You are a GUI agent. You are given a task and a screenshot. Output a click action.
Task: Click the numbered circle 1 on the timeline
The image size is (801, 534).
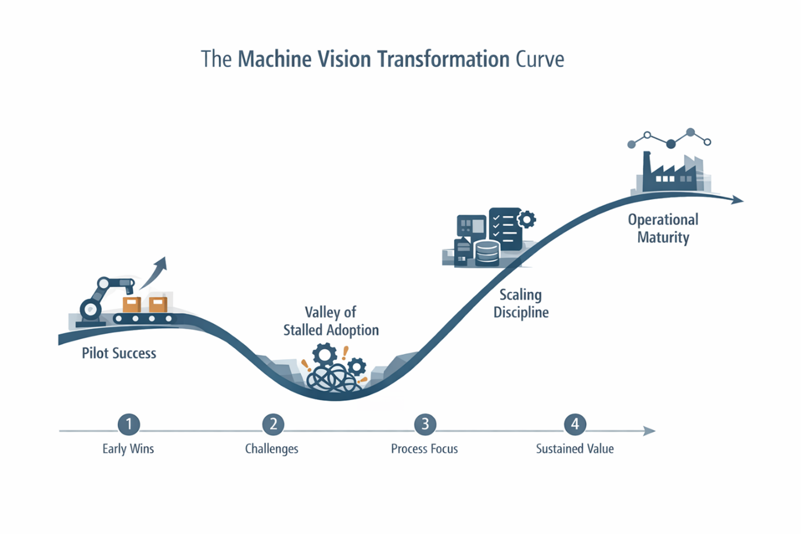click(128, 424)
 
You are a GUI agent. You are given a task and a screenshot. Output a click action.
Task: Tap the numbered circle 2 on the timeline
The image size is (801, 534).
click(273, 424)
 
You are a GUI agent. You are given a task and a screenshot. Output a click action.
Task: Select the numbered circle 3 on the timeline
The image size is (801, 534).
click(425, 424)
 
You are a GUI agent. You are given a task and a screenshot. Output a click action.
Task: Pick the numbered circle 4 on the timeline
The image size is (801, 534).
click(575, 424)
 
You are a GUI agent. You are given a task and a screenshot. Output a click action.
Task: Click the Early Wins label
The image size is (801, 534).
click(128, 449)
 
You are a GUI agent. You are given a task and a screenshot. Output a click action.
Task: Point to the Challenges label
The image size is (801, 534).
click(271, 449)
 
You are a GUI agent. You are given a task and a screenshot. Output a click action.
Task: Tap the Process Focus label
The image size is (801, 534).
click(424, 449)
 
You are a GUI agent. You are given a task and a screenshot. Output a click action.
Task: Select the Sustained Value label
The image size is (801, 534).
click(574, 449)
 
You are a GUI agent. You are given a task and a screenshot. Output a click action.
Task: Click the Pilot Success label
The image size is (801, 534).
click(119, 353)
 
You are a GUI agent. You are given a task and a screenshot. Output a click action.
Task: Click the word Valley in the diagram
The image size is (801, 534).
click(322, 312)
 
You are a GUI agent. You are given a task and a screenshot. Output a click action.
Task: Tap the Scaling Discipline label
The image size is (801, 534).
click(521, 303)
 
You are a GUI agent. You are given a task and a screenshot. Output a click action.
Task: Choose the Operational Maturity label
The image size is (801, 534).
click(663, 228)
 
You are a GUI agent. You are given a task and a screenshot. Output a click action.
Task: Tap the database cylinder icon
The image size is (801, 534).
click(487, 253)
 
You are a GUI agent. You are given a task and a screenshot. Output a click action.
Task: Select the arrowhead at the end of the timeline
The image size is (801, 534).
click(649, 431)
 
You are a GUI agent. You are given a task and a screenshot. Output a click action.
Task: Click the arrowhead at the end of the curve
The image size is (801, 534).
click(738, 200)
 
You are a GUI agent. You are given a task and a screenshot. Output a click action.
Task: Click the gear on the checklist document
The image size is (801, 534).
click(527, 219)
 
